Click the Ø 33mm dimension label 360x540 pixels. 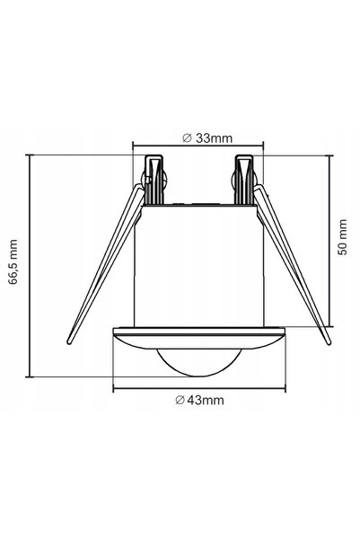207,138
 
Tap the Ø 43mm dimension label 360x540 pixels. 199,400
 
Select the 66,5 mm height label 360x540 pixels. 13,261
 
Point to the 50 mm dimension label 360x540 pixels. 342,237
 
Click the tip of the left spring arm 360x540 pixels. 69,342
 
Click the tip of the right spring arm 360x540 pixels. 329,342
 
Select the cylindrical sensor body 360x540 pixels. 198,265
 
